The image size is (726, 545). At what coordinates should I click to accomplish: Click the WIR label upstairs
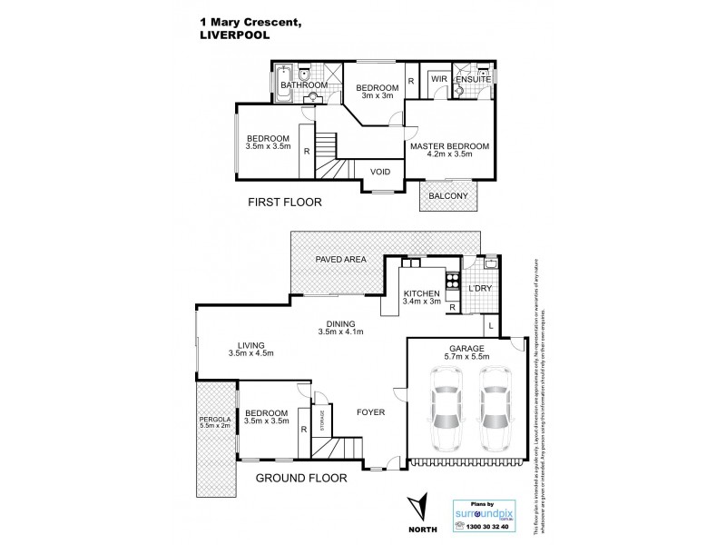click(439, 80)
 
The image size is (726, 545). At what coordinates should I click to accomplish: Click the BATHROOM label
click(303, 85)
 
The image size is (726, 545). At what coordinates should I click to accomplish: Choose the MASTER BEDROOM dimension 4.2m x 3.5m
click(449, 155)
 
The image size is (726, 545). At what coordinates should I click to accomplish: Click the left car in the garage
click(446, 417)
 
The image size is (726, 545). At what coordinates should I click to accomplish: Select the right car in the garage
click(495, 417)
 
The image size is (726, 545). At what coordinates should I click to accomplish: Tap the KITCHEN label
click(421, 293)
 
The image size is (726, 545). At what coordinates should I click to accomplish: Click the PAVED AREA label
click(340, 260)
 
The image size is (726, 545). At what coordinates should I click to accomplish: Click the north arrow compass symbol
click(417, 506)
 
